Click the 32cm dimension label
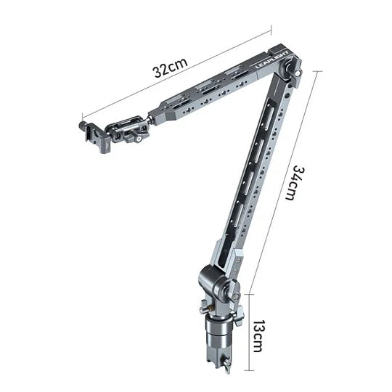[x=171, y=68]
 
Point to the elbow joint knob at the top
[x=292, y=69]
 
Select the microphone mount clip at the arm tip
[x=94, y=137]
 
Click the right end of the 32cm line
[x=270, y=30]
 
